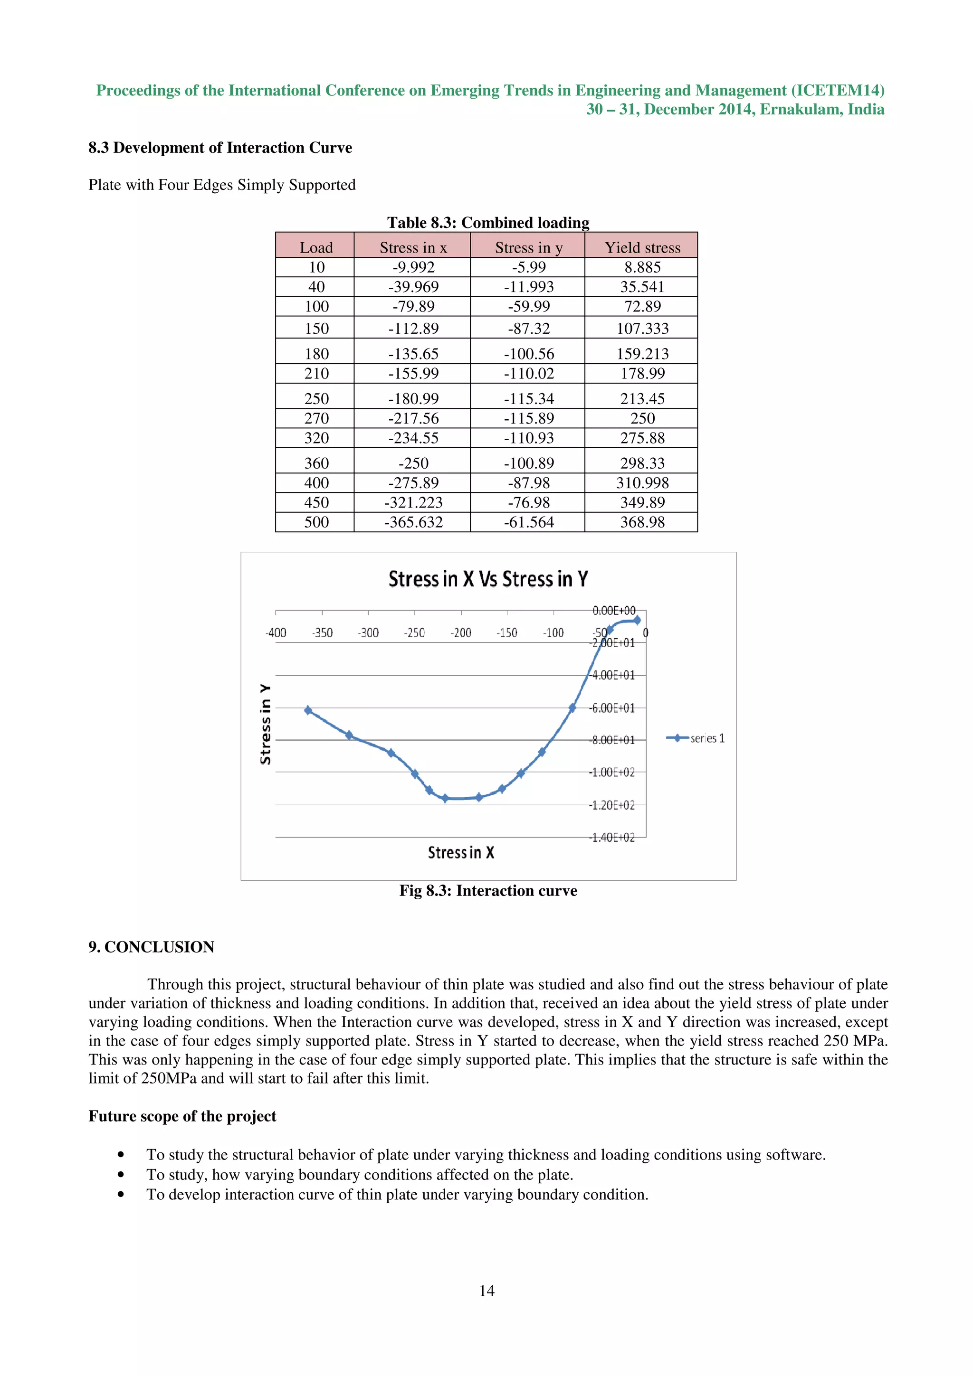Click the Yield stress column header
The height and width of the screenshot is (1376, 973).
coord(642,247)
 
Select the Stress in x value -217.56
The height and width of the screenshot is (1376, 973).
coord(413,418)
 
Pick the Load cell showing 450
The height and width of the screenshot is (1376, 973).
coord(316,502)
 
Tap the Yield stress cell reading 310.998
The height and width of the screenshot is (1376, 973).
coord(642,482)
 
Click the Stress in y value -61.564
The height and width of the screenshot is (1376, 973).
coord(528,522)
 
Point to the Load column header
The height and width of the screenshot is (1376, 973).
coord(316,247)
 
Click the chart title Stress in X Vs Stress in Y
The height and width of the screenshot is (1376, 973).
coord(488,579)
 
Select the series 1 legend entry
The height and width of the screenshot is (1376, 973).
coord(696,738)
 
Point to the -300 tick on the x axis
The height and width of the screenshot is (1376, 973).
coord(368,633)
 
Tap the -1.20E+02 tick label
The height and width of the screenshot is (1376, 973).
coord(611,805)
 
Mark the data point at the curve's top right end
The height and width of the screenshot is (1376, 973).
coord(637,620)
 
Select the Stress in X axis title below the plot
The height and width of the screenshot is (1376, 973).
coord(460,852)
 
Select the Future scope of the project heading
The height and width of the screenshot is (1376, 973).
coord(182,1116)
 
